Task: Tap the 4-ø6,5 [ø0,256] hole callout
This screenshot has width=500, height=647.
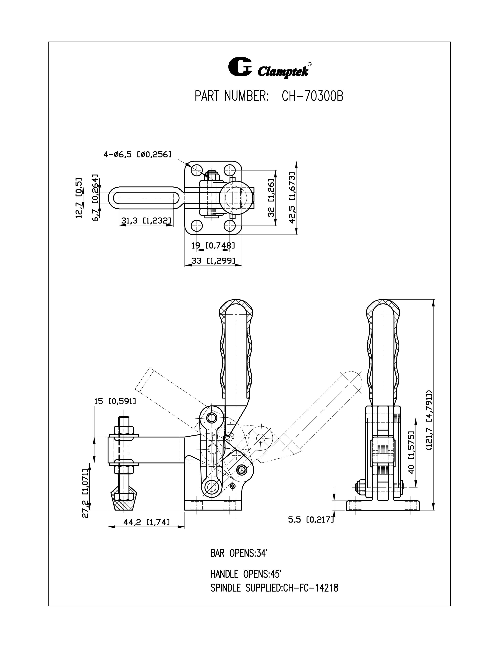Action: tap(137, 154)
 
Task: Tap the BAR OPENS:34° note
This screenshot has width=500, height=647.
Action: tap(239, 553)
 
